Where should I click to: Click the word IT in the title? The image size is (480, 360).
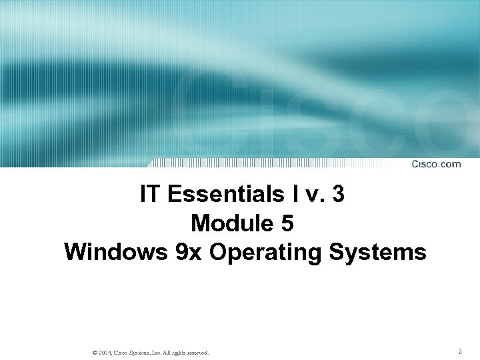pyautogui.click(x=151, y=195)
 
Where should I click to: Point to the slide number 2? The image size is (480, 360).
pyautogui.click(x=460, y=351)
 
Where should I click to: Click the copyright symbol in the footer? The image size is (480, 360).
pyautogui.click(x=95, y=352)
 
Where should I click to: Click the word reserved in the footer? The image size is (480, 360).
pyautogui.click(x=196, y=352)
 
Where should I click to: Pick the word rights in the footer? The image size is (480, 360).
pyautogui.click(x=177, y=352)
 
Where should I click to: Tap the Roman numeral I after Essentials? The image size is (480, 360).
pyautogui.click(x=291, y=195)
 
